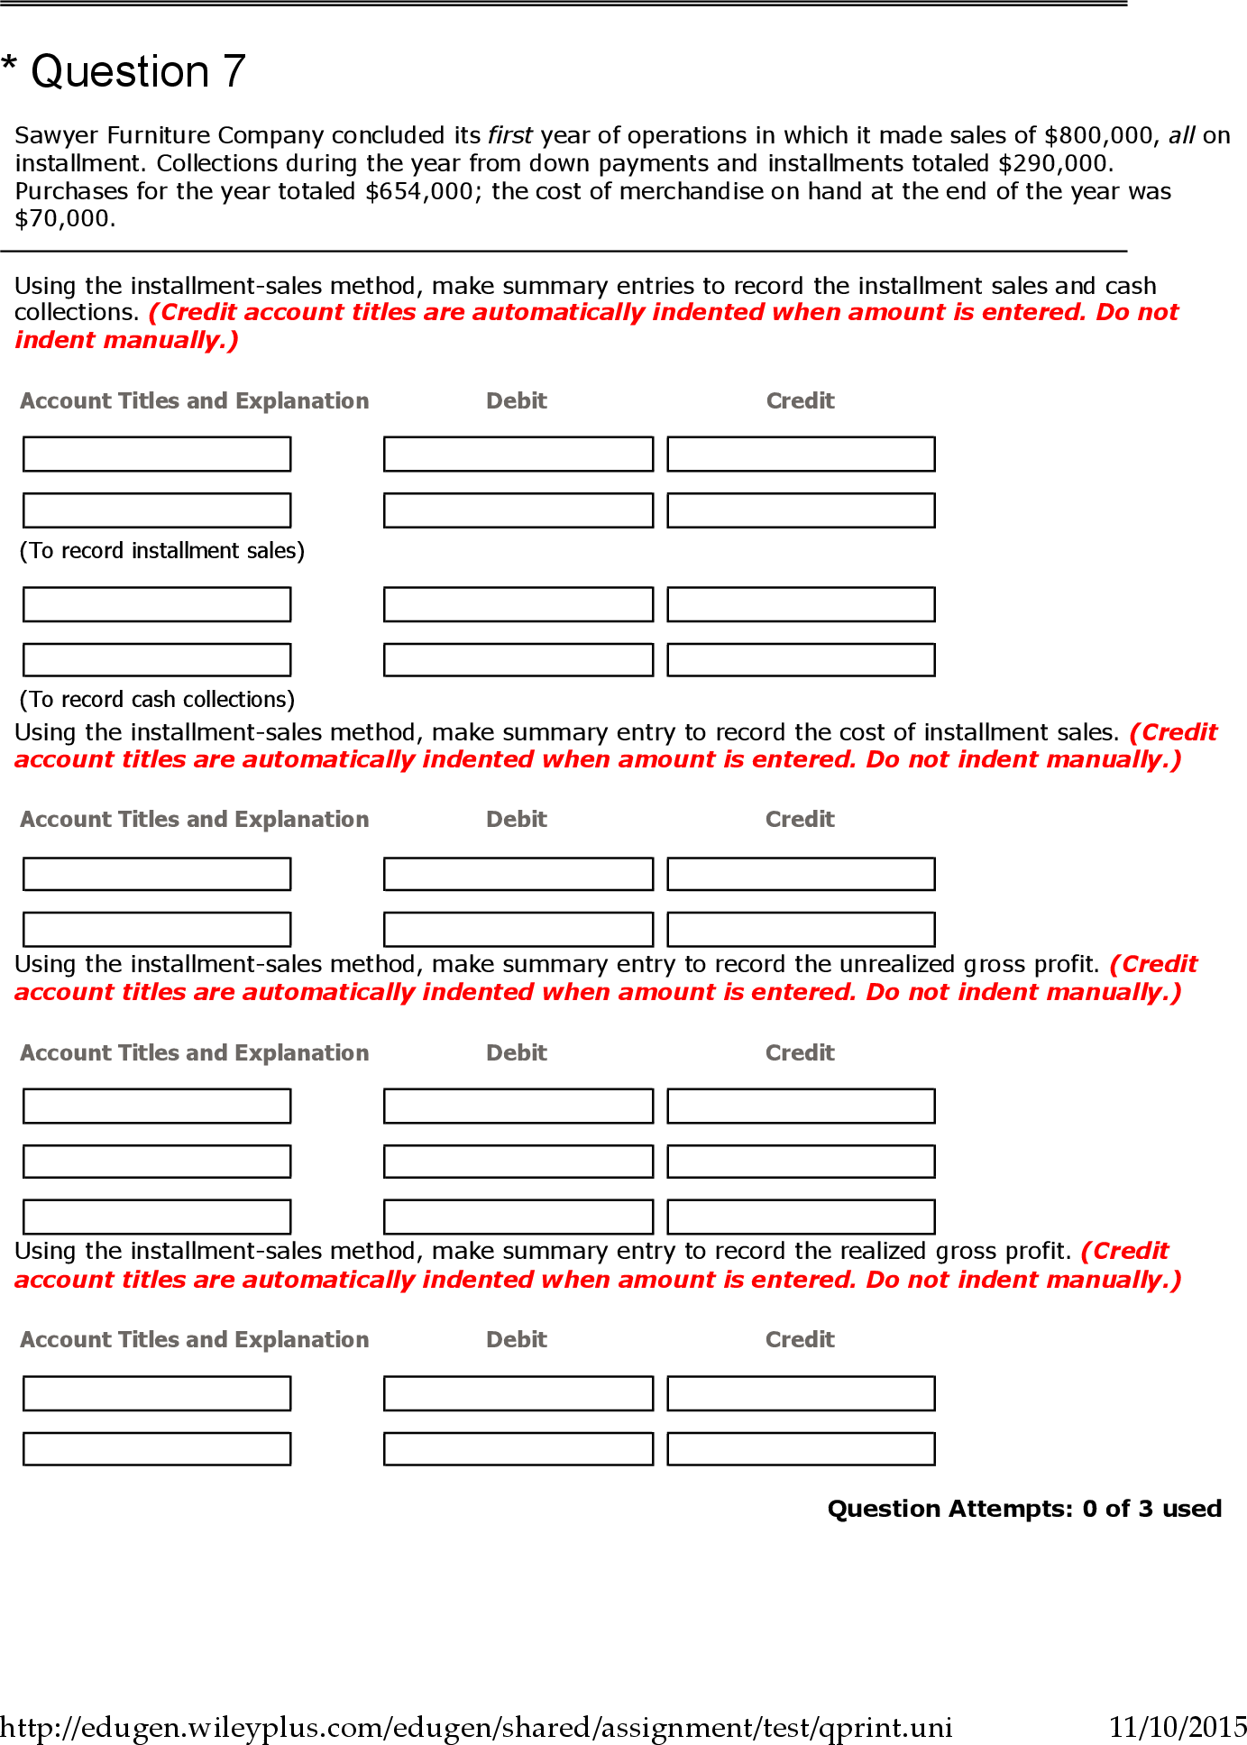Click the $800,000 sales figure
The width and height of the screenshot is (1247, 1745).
click(x=1099, y=135)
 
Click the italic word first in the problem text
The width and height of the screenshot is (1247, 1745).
click(x=509, y=135)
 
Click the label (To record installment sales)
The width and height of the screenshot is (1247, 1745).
click(x=162, y=550)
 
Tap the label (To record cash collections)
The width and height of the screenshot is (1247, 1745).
click(x=157, y=699)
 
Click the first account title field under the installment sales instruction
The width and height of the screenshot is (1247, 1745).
click(x=157, y=454)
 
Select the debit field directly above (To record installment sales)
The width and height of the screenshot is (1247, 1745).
click(x=518, y=510)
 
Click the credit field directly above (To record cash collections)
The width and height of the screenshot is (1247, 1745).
click(x=801, y=659)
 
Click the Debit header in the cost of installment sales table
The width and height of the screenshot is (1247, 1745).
click(x=516, y=819)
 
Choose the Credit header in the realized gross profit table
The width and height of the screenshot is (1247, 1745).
click(x=800, y=1339)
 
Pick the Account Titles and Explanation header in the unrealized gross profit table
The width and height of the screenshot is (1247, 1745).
click(x=195, y=1052)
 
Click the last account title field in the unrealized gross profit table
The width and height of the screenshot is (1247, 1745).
click(x=157, y=1217)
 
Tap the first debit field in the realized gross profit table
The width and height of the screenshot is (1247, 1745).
click(x=518, y=1393)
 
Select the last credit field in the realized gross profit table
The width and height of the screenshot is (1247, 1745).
click(x=801, y=1449)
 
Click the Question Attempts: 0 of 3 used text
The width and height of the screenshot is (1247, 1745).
click(x=1024, y=1509)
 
